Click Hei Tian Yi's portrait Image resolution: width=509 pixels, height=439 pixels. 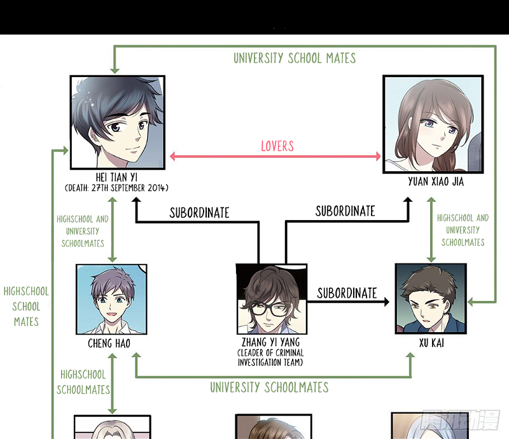coord(117,121)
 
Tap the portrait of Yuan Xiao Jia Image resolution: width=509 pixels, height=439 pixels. coord(431,124)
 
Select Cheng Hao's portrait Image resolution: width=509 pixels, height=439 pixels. coord(111,299)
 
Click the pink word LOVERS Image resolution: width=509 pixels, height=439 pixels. coord(277,146)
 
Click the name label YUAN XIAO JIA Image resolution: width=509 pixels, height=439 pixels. coord(436,182)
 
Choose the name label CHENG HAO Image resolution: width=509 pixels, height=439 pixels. coord(112,344)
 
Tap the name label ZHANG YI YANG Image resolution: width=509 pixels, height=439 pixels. coord(270,343)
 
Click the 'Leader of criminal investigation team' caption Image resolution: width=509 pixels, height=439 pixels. coord(270,358)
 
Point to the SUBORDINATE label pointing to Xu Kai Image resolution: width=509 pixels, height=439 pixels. coord(347,293)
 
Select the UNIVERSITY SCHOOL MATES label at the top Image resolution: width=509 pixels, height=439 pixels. coord(295,59)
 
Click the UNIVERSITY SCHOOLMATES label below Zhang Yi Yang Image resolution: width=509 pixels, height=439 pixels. coord(269,387)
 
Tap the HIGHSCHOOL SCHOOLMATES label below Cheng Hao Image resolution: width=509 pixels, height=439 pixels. coord(83,382)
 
